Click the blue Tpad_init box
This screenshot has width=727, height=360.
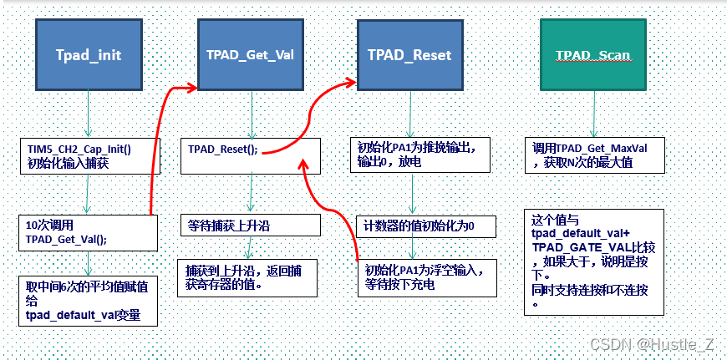[88, 55]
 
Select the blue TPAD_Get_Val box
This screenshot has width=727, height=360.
[249, 55]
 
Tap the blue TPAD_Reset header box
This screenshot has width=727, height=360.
[409, 55]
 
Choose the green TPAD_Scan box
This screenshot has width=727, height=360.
[592, 55]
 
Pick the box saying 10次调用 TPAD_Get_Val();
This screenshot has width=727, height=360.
[88, 232]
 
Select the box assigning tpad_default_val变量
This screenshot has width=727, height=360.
[88, 300]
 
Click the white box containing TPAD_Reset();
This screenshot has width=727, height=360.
[251, 155]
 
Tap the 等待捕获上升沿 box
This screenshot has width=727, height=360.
[251, 225]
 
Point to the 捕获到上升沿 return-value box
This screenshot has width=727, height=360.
[251, 277]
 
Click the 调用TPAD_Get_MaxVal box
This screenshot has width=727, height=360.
[594, 155]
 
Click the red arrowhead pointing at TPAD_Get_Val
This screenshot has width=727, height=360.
[191, 85]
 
